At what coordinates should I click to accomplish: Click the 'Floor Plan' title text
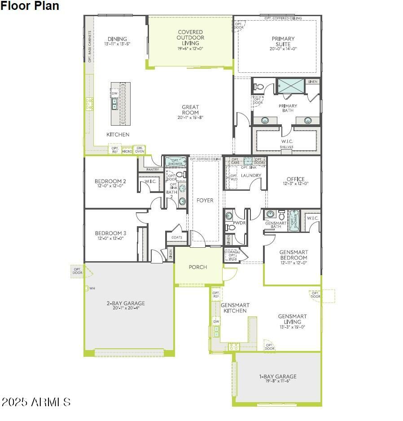(30, 6)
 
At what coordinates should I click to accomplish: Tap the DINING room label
(117, 39)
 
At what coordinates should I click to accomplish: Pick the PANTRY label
(153, 169)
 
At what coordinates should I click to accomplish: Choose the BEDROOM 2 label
(110, 181)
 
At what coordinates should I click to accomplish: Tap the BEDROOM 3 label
(110, 233)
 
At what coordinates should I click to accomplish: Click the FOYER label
(205, 200)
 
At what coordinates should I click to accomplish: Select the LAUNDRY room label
(248, 175)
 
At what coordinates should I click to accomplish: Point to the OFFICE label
(295, 179)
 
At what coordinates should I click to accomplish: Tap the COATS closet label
(177, 237)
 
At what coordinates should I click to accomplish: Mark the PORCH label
(198, 267)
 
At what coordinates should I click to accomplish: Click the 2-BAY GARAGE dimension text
(126, 308)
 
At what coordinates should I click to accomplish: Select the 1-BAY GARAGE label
(278, 377)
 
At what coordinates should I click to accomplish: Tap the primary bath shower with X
(290, 85)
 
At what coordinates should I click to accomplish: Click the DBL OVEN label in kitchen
(140, 149)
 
